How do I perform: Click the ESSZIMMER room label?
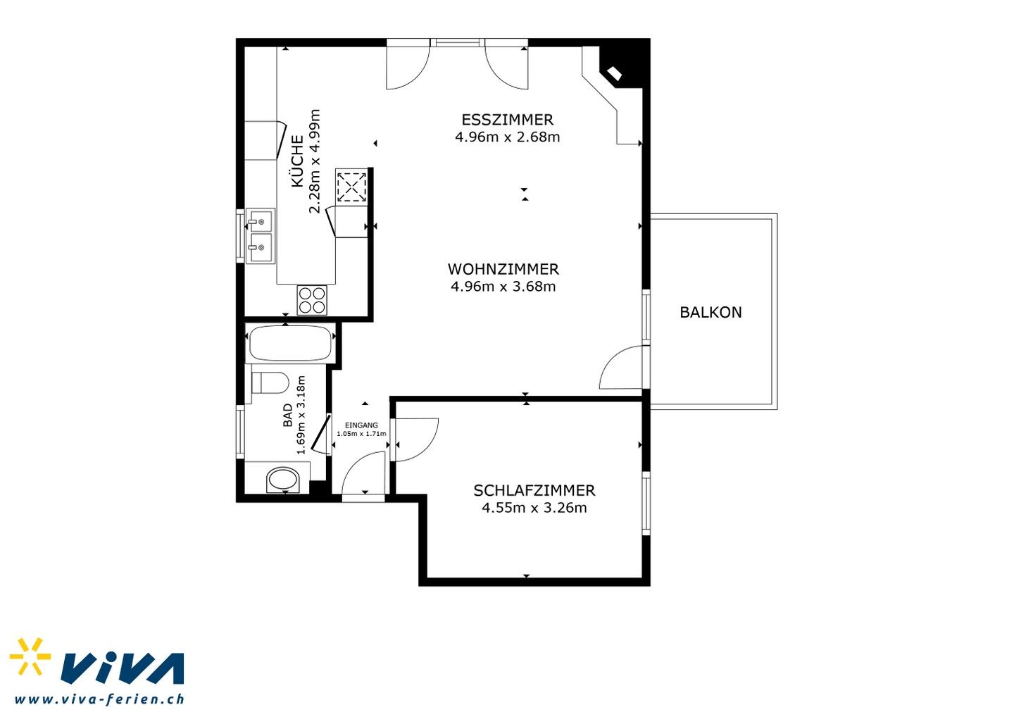(x=507, y=120)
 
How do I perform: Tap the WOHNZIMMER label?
(x=503, y=269)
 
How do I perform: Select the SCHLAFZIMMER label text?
(x=534, y=491)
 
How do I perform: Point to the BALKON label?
(x=711, y=312)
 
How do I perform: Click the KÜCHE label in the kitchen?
(x=297, y=161)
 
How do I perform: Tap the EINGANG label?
(x=361, y=425)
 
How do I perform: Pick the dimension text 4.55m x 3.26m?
(x=534, y=508)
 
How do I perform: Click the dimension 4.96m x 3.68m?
(x=503, y=287)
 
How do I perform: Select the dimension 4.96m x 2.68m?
(x=507, y=137)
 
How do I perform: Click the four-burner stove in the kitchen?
(x=312, y=300)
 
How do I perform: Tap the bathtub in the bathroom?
(x=290, y=343)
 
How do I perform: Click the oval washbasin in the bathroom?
(x=283, y=479)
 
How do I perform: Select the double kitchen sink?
(x=261, y=236)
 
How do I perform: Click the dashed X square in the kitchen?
(x=351, y=187)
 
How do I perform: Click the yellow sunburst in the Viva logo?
(x=30, y=656)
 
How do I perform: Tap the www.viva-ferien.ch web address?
(x=99, y=699)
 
